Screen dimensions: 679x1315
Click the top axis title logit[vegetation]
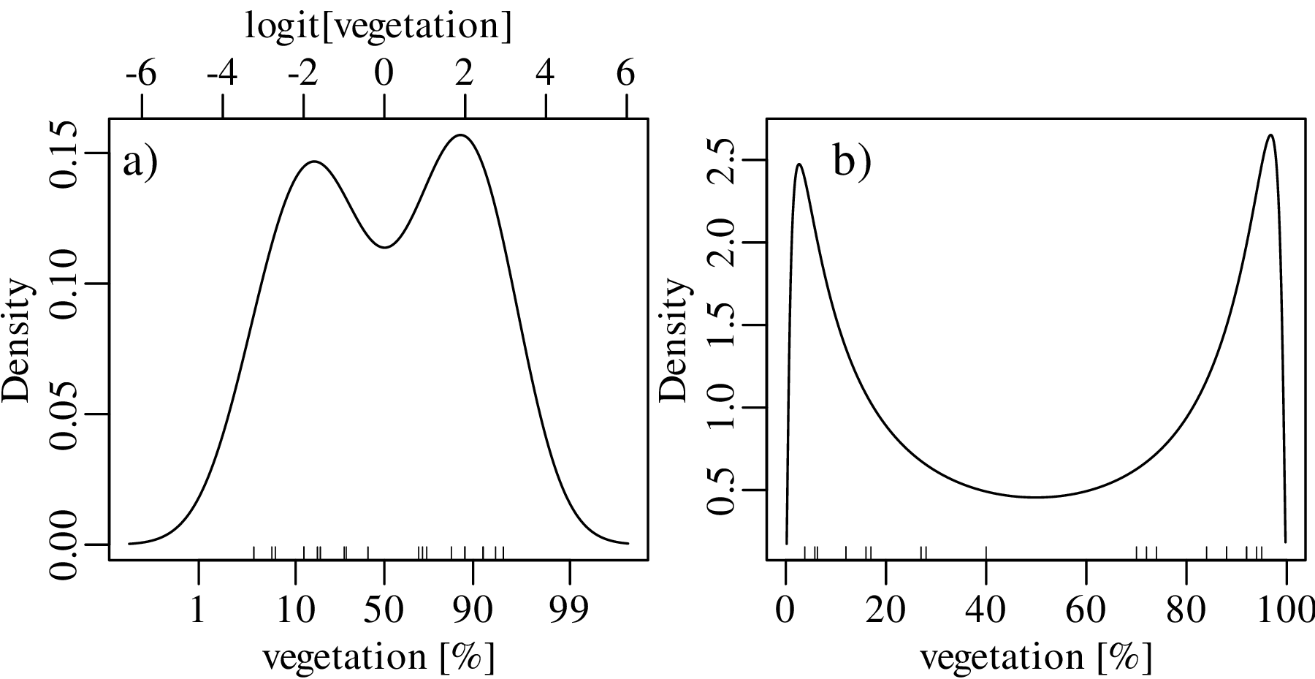(378, 26)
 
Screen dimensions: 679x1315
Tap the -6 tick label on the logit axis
(140, 74)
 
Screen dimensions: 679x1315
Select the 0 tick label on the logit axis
(384, 74)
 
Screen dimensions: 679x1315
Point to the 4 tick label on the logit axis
(546, 74)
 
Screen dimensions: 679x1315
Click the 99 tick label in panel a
(570, 610)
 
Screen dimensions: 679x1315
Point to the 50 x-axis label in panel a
(384, 610)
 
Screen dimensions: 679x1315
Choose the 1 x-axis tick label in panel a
(198, 610)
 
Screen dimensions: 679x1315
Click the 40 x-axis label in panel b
(986, 610)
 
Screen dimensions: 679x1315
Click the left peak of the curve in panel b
(799, 164)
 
